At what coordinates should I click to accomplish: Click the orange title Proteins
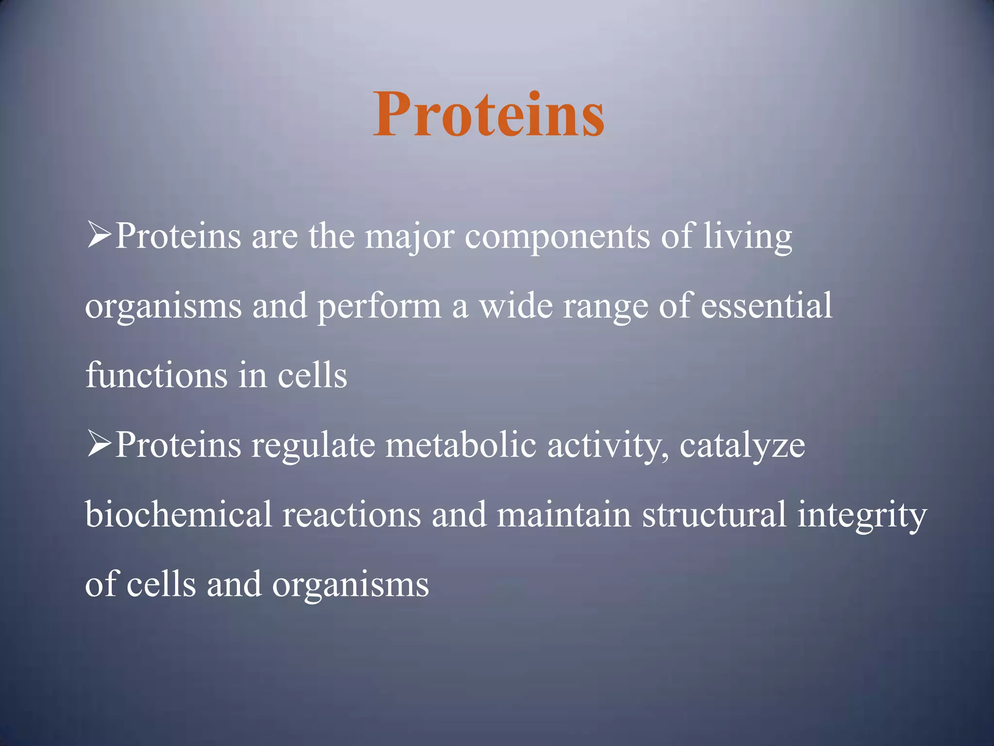(x=489, y=115)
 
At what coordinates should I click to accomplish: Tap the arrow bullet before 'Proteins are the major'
(x=99, y=235)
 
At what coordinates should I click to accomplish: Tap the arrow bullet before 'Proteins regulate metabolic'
(x=99, y=444)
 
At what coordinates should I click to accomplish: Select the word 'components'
(x=557, y=237)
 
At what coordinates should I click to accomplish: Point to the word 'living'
(x=748, y=237)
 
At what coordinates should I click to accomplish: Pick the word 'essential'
(x=766, y=306)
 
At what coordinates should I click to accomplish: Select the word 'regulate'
(x=313, y=446)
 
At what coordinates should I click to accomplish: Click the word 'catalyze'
(x=742, y=446)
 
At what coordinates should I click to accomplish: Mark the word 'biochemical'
(x=178, y=514)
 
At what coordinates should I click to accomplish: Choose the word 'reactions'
(x=351, y=515)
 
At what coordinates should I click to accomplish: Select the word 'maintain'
(x=563, y=515)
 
